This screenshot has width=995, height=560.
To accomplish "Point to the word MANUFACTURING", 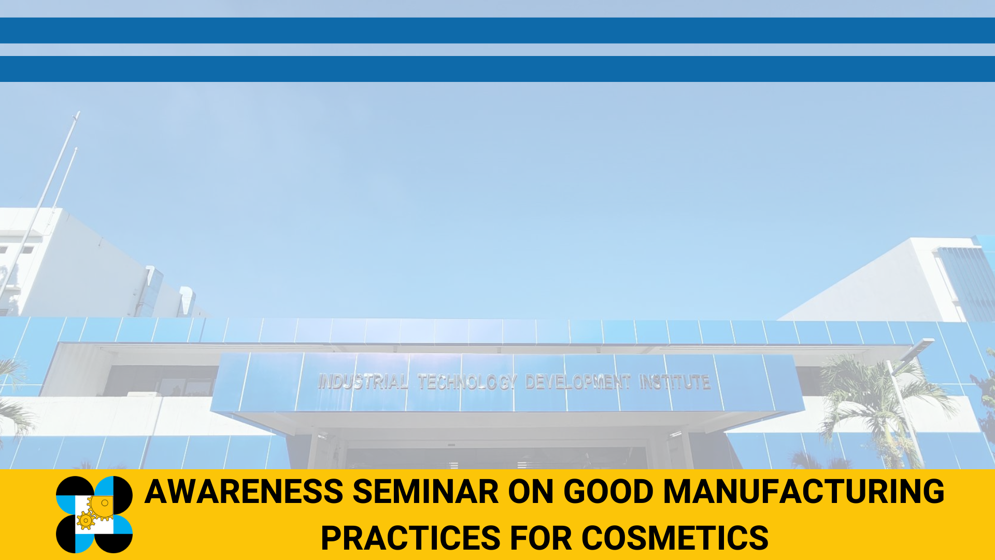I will coord(804,492).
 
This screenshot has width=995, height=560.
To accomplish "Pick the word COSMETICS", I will coord(675,538).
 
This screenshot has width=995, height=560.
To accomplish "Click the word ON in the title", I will coord(531,492).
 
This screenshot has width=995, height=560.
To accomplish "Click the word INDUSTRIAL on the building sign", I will coord(362,382).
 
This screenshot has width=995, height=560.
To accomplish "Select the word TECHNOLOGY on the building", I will coord(467,382).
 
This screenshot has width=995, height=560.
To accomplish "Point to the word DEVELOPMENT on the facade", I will coord(577,382).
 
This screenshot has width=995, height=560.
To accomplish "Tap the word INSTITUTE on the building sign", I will coord(674,382).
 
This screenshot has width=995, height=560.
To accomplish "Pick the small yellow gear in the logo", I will coord(86,520).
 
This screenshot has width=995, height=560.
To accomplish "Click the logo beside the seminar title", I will coord(94,514).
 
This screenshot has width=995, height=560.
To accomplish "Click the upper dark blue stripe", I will coord(497,30).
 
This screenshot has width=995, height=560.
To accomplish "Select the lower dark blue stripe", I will coord(497,68).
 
